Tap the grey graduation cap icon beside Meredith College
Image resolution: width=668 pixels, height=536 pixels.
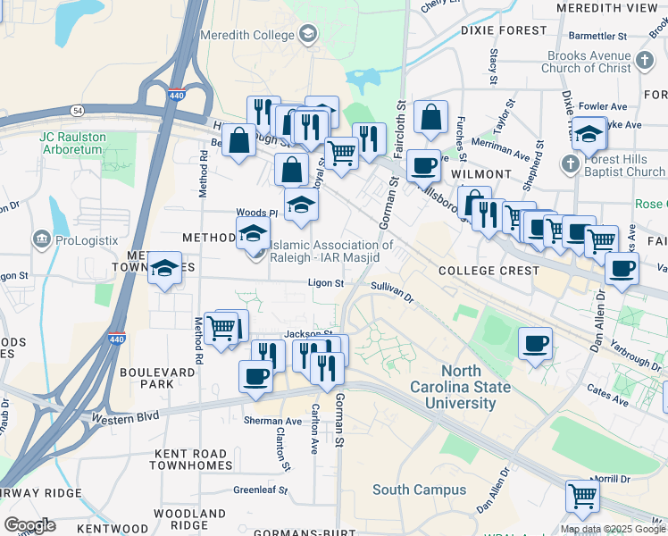[x=308, y=35]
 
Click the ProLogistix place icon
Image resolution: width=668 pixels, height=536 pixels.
[x=41, y=239]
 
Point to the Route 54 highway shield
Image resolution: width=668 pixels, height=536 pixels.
[x=79, y=109]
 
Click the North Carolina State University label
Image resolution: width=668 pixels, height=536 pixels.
[x=460, y=387]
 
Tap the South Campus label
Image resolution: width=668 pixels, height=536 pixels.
[x=419, y=490]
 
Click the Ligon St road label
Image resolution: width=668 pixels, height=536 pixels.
[x=325, y=283]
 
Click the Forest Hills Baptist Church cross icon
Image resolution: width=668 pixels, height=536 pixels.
[x=570, y=164]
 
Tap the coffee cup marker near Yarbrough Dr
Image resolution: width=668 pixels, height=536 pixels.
[x=535, y=343]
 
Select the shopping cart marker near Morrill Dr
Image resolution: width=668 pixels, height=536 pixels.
[x=582, y=494]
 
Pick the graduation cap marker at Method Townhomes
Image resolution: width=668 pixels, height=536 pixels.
[x=164, y=268]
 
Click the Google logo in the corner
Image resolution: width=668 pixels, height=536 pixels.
[x=30, y=524]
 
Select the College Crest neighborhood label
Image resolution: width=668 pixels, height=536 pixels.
[x=488, y=270]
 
